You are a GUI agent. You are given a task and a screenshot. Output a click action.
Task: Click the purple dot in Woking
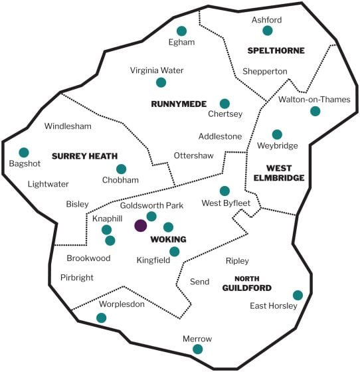pyautogui.click(x=141, y=225)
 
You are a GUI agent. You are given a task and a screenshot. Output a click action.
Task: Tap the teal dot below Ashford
pyautogui.click(x=268, y=31)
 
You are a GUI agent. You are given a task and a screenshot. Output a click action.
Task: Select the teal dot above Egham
pyautogui.click(x=181, y=31)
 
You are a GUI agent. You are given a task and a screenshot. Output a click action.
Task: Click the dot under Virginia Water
pyautogui.click(x=161, y=82)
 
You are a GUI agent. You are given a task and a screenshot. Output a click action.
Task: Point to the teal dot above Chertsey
pyautogui.click(x=225, y=104)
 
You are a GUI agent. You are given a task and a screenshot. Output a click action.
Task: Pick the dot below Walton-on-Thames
pyautogui.click(x=315, y=111)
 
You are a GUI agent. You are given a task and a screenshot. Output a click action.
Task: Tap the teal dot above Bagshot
pyautogui.click(x=24, y=152)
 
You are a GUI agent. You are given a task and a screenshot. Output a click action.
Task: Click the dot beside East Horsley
pyautogui.click(x=298, y=295)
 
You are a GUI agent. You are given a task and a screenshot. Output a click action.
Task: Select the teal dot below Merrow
pyautogui.click(x=197, y=349)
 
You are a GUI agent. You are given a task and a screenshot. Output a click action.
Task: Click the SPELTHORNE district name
pyautogui.click(x=276, y=50)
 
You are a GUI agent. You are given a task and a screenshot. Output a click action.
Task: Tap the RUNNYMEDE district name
pyautogui.click(x=179, y=104)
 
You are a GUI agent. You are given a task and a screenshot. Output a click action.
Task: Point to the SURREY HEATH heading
pyautogui.click(x=84, y=156)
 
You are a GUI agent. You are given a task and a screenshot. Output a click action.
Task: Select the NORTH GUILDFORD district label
pyautogui.click(x=247, y=283)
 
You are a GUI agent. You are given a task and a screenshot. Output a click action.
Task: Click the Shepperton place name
pyautogui.click(x=265, y=72)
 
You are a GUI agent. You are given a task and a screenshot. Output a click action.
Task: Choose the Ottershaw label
pyautogui.click(x=194, y=155)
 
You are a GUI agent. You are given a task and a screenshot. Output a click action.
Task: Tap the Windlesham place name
pyautogui.click(x=68, y=126)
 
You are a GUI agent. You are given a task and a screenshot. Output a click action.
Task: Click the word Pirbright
pyautogui.click(x=77, y=278)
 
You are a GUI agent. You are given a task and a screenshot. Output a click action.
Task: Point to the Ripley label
pyautogui.click(x=237, y=261)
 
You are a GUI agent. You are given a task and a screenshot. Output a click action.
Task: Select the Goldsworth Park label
pyautogui.click(x=152, y=205)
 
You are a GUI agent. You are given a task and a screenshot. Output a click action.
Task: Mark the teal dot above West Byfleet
pyautogui.click(x=225, y=191)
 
